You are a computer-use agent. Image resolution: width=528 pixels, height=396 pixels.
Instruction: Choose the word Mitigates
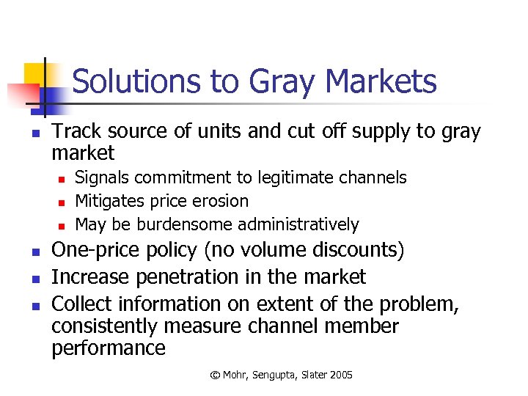click(x=109, y=201)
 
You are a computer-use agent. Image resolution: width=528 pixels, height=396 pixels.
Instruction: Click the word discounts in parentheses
click(x=358, y=250)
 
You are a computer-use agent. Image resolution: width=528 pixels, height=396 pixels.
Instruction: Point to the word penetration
click(x=189, y=277)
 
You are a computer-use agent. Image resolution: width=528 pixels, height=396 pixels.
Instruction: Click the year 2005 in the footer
click(x=340, y=375)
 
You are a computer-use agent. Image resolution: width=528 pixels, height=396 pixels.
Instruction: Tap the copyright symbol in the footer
click(x=215, y=375)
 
